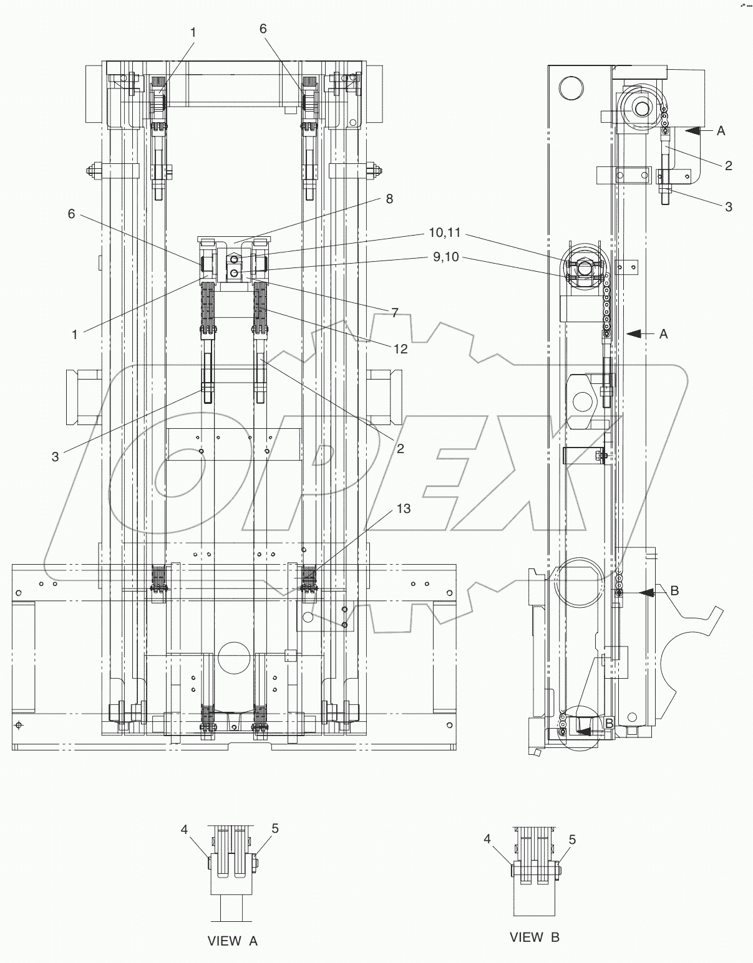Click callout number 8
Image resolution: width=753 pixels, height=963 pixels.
click(x=389, y=199)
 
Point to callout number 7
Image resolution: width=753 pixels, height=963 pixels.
click(x=394, y=313)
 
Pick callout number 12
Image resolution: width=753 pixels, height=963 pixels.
click(x=400, y=349)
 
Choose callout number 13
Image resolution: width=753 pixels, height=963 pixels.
click(x=404, y=509)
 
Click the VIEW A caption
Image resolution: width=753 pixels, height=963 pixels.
click(x=231, y=941)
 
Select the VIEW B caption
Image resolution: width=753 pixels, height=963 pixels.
click(x=534, y=937)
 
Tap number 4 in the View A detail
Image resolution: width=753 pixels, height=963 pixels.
click(x=184, y=829)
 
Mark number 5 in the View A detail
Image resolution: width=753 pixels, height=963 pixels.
click(x=275, y=828)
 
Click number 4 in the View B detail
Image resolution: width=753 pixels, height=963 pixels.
click(x=488, y=839)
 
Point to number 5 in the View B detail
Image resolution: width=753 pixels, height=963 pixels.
click(x=573, y=840)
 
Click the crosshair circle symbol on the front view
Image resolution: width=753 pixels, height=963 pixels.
click(x=19, y=725)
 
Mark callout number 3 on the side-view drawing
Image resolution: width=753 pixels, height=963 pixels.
click(x=728, y=206)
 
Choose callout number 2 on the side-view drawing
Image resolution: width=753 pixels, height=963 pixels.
click(x=728, y=165)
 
